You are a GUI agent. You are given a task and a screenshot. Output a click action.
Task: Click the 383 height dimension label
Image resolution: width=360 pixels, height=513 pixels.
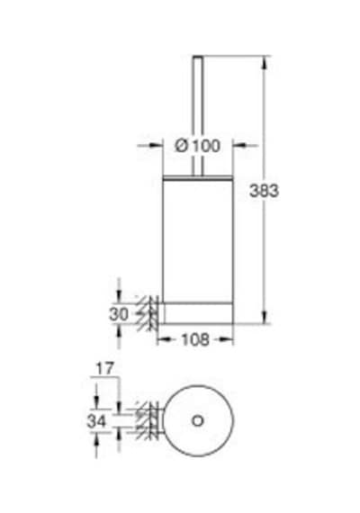tap(264, 191)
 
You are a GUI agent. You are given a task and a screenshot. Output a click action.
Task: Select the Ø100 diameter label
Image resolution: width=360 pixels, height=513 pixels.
tap(198, 146)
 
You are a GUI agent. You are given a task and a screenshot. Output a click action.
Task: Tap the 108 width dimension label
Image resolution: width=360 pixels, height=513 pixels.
tap(195, 339)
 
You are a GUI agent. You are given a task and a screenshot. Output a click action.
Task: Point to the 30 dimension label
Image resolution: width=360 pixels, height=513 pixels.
tap(119, 314)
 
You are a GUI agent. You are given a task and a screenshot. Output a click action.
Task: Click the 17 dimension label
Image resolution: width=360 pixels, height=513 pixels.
tap(104, 369)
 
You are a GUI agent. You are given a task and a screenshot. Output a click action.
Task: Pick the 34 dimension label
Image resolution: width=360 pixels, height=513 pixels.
tap(96, 420)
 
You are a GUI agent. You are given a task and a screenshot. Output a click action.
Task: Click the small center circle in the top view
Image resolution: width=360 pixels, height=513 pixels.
tap(198, 420)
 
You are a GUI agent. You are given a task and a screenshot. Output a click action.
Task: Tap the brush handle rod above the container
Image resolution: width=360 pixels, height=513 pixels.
tap(198, 116)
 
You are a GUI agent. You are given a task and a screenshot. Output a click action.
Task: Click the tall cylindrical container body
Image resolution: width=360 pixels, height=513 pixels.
tap(198, 239)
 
